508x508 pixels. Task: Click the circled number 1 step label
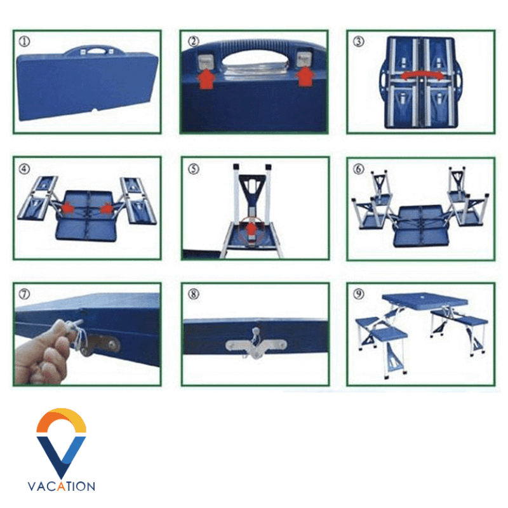pos(25,41)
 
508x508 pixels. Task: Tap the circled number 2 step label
pos(194,41)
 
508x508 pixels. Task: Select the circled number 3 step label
pos(358,41)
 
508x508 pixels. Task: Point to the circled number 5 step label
pos(194,168)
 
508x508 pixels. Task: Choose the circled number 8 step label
pos(194,294)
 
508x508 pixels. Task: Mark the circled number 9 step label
pos(358,294)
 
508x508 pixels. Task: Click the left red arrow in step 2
pos(206,79)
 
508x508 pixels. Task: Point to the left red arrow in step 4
pos(68,208)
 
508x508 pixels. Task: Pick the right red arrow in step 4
pos(106,209)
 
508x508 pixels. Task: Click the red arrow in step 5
pos(251,231)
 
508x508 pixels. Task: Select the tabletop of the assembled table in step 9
pos(424,300)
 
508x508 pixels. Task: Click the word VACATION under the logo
pos(61,486)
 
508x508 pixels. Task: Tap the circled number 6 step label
pos(358,168)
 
